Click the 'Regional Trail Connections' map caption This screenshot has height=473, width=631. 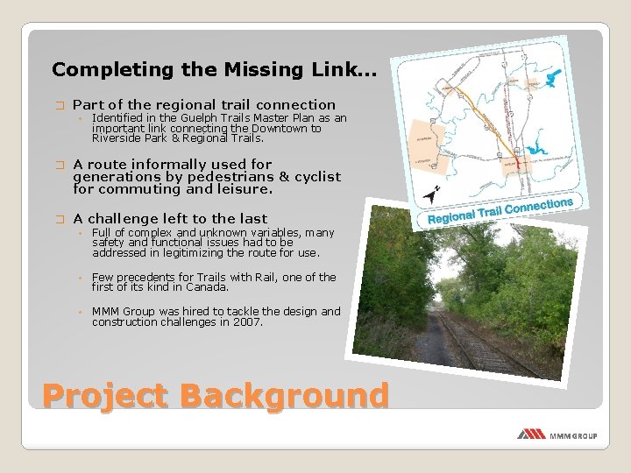point(500,210)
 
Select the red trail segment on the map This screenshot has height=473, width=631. point(518,160)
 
